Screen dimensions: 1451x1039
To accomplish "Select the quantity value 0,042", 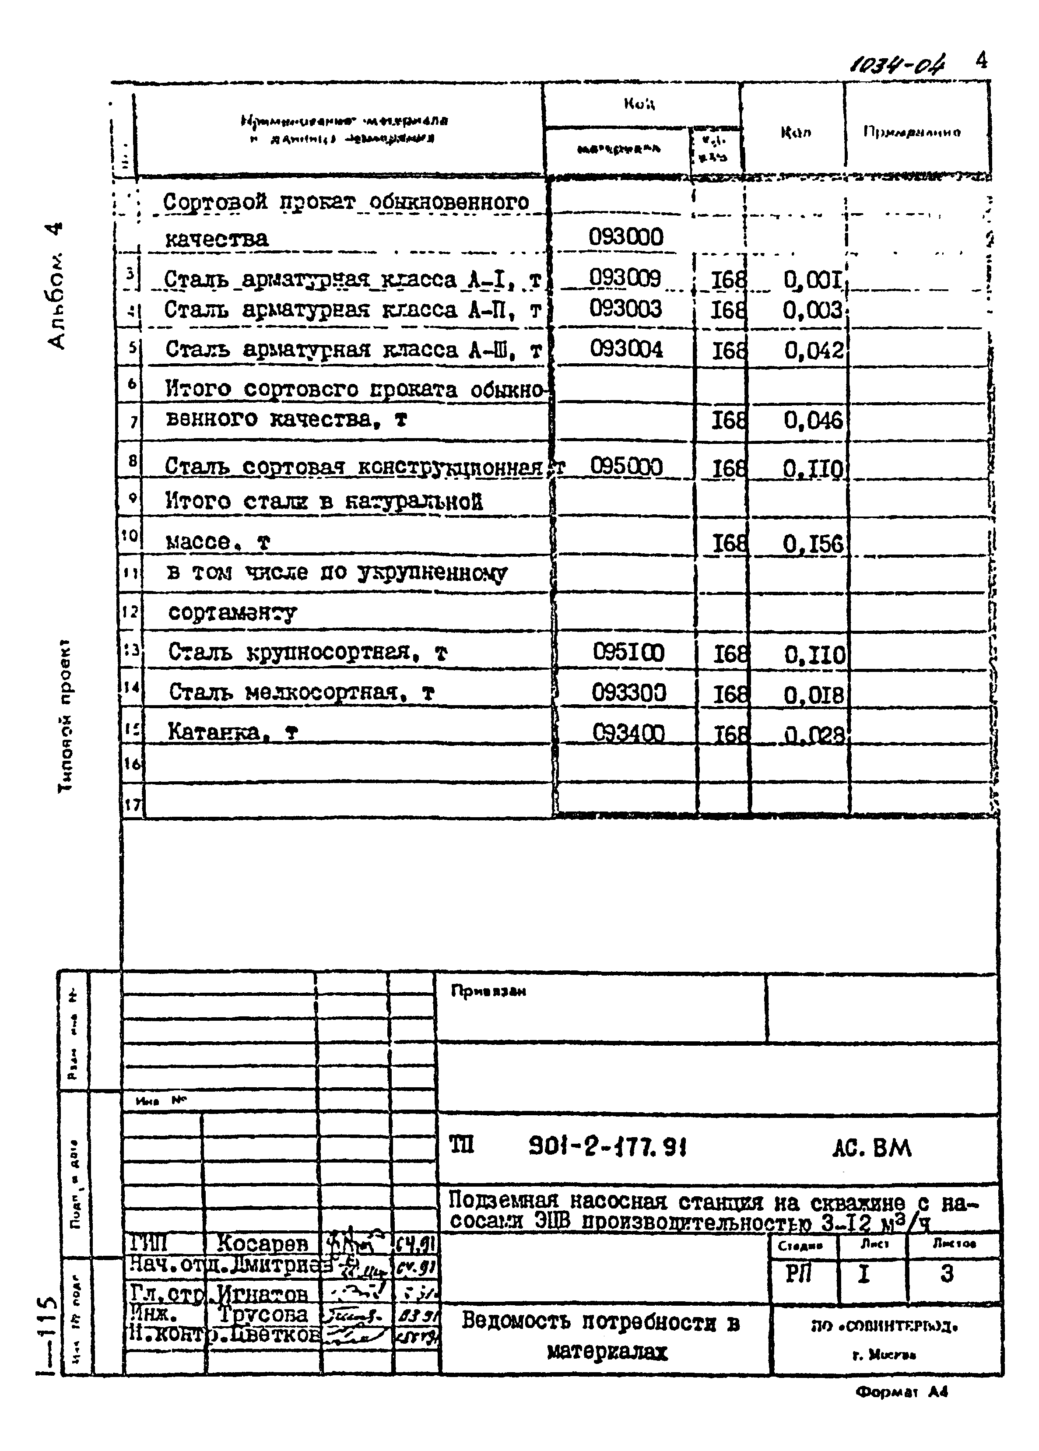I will point(813,350).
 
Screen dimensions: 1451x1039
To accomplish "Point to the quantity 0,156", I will point(813,544).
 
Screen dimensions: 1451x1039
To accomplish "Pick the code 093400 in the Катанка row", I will point(628,733).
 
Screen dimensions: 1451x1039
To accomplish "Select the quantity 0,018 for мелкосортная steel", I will point(814,695).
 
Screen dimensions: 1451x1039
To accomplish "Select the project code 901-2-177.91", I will point(607,1147).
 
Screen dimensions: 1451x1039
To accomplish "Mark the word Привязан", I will point(488,991).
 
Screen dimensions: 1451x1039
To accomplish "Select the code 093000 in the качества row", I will point(626,237).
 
